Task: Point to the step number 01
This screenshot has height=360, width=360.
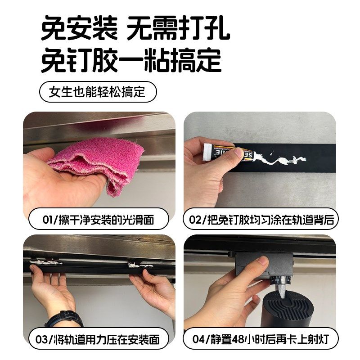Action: point(48,220)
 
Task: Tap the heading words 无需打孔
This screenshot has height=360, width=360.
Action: point(179,29)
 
